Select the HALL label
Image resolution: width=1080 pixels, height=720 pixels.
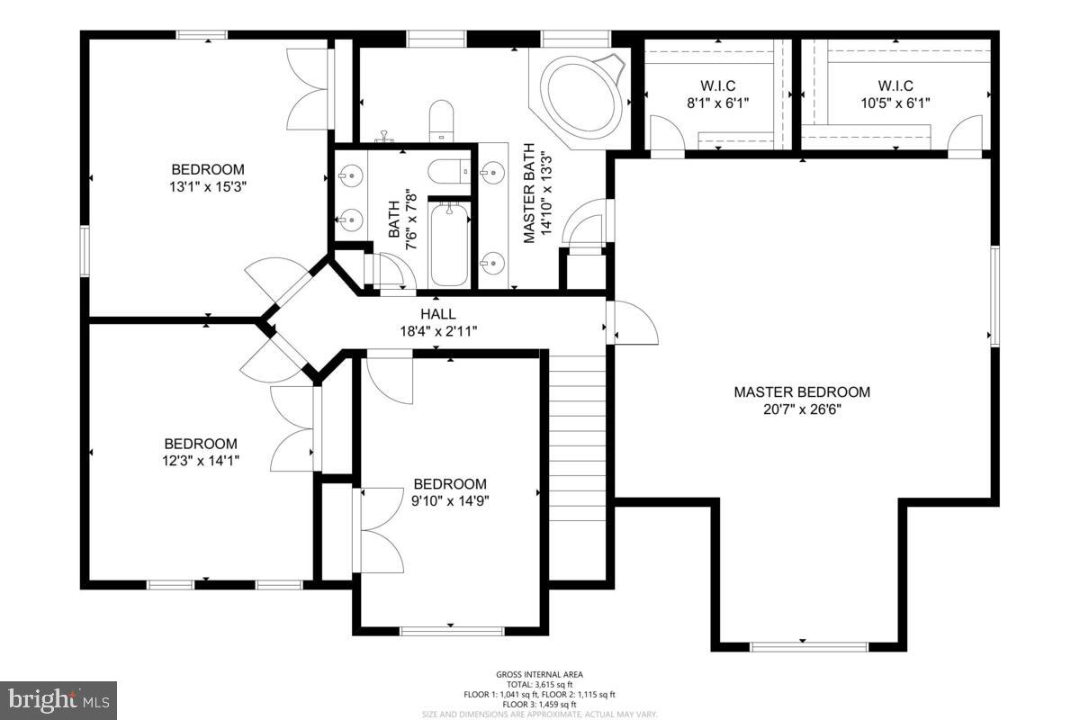[x=437, y=314]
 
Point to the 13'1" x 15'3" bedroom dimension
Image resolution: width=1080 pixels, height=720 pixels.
[x=208, y=186]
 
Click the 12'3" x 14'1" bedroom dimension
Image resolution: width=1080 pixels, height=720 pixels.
[x=201, y=461]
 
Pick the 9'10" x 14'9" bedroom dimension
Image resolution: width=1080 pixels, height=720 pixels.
[x=450, y=500]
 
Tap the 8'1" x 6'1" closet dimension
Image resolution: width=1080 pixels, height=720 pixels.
[x=717, y=103]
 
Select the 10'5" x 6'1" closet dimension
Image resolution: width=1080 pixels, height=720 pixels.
[x=895, y=103]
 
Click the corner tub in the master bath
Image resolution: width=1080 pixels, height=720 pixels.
[x=582, y=96]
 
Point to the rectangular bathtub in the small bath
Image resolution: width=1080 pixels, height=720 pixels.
[x=449, y=243]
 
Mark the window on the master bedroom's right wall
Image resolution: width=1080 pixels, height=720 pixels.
[x=994, y=296]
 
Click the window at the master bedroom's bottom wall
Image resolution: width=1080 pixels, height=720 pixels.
[x=808, y=645]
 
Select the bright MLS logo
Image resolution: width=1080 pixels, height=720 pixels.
[x=58, y=699]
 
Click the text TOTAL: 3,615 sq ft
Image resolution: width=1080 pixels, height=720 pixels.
[x=540, y=684]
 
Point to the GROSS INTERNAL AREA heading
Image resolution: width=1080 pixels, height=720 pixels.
[x=540, y=674]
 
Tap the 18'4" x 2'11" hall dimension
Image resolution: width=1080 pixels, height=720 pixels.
[x=437, y=330]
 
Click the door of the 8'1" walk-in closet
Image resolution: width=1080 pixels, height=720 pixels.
[x=667, y=138]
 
